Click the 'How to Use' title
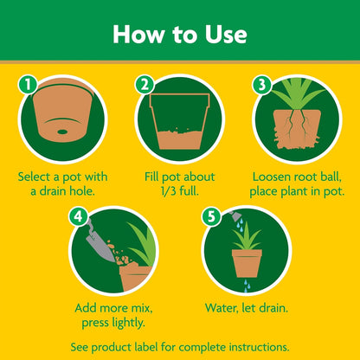pyautogui.click(x=180, y=34)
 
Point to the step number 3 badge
pyautogui.click(x=260, y=85)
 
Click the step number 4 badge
pyautogui.click(x=80, y=216)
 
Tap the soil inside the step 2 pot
pyautogui.click(x=179, y=135)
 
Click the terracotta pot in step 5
pyautogui.click(x=247, y=262)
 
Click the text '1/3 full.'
pyautogui.click(x=180, y=191)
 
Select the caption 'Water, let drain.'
pyautogui.click(x=247, y=306)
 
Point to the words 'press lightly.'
pyautogui.click(x=114, y=322)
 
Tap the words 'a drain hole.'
pyautogui.click(x=63, y=191)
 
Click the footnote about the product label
pyautogui.click(x=180, y=345)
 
